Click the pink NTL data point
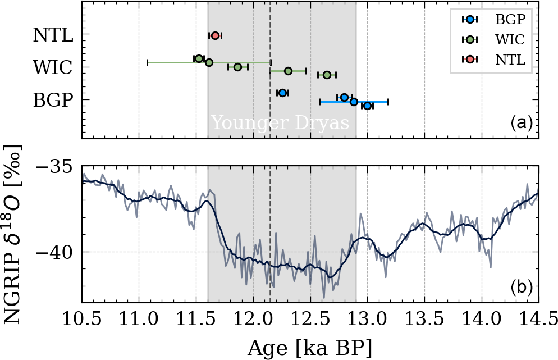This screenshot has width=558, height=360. [x=215, y=35]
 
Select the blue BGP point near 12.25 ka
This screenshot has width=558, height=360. [x=282, y=92]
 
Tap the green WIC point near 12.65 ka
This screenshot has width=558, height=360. [x=327, y=75]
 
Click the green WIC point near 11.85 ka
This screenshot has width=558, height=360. [x=237, y=67]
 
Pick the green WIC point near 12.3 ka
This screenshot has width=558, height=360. [x=288, y=71]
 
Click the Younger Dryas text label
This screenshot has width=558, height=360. [x=280, y=123]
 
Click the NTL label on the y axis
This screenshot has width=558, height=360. [x=53, y=35]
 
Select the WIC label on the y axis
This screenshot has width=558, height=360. [x=53, y=68]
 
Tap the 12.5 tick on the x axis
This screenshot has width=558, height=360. [x=310, y=321]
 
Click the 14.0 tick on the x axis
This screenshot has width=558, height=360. [x=482, y=321]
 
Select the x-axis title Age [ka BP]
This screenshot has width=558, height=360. [x=310, y=347]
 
